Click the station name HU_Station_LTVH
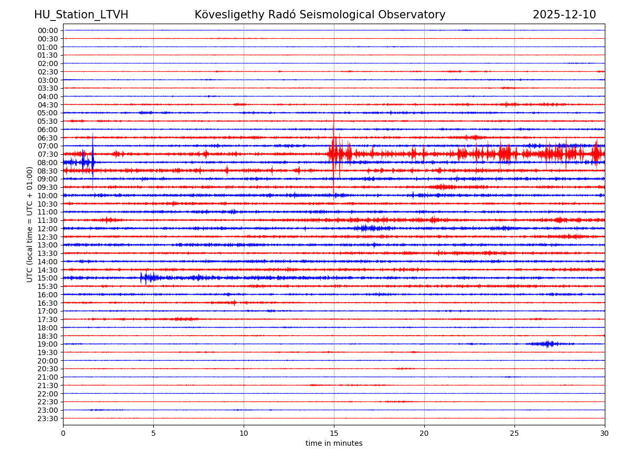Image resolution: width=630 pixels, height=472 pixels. [81, 15]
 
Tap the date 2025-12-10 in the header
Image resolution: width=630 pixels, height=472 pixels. [564, 15]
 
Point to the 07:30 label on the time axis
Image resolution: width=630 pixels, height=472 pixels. [47, 154]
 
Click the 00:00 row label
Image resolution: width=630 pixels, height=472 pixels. [47, 30]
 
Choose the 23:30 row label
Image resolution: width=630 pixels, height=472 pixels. [47, 419]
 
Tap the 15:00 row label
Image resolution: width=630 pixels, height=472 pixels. [47, 278]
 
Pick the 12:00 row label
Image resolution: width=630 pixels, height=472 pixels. [47, 229]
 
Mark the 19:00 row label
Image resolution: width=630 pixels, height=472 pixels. [47, 344]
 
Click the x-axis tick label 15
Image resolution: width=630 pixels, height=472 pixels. [334, 434]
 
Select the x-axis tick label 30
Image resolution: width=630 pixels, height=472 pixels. [605, 434]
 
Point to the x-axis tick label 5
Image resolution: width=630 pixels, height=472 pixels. [153, 434]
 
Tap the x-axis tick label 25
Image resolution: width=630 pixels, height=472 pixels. [514, 434]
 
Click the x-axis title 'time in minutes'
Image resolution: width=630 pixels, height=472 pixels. [334, 444]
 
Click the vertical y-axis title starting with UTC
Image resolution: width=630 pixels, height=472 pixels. [30, 224]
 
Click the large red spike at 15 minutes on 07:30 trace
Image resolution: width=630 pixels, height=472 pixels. [333, 152]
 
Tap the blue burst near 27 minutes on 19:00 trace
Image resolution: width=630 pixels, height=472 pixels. [548, 344]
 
